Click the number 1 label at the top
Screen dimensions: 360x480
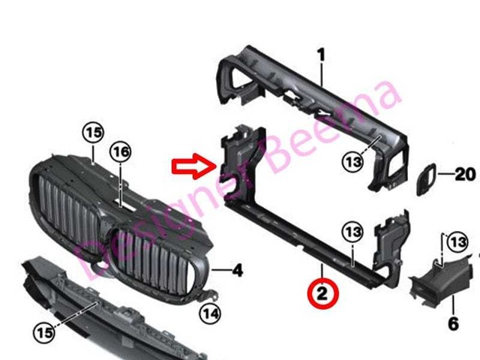(x=321, y=55)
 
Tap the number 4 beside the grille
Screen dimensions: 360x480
(x=237, y=268)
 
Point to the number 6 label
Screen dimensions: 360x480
(x=453, y=324)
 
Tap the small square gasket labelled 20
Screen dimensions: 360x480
(x=424, y=176)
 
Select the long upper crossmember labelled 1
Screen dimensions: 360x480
(x=300, y=97)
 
